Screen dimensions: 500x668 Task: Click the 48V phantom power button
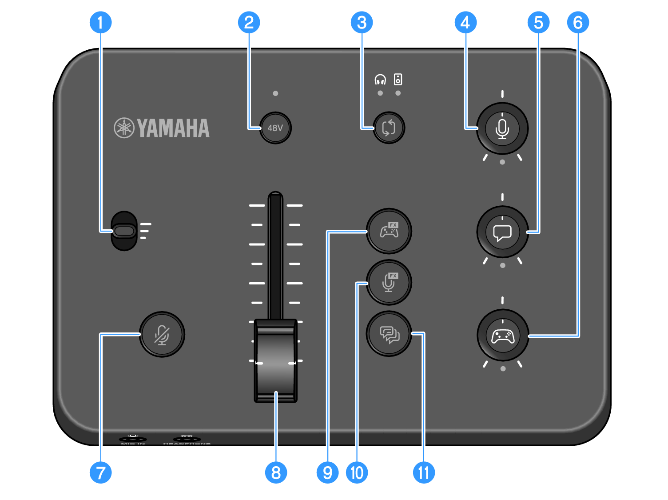(275, 128)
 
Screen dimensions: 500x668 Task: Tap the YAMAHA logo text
(173, 128)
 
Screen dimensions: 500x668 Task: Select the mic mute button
(162, 334)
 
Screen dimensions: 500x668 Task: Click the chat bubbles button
(389, 334)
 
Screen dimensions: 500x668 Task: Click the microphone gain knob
(502, 128)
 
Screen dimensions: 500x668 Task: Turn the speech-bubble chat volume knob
(502, 232)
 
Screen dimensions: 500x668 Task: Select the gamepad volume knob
(502, 336)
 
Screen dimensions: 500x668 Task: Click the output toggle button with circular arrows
(389, 128)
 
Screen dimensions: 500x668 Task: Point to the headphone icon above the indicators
(380, 80)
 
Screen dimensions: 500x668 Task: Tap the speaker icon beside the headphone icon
(398, 80)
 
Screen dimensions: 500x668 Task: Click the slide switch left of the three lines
(124, 231)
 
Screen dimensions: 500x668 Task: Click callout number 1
(101, 22)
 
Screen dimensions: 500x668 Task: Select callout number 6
(578, 22)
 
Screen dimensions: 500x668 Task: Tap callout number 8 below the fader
(276, 472)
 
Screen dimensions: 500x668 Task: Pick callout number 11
(424, 472)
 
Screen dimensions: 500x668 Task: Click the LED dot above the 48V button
(275, 93)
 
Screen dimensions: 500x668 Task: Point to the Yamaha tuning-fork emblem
(124, 128)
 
